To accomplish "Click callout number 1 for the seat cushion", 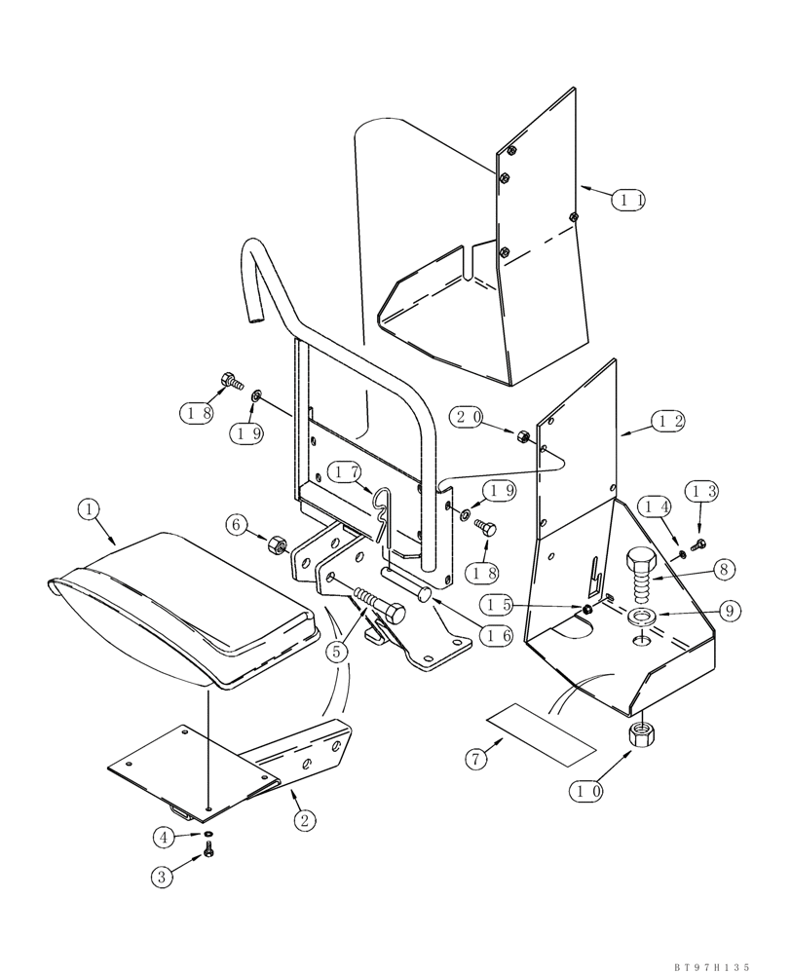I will point(89,508).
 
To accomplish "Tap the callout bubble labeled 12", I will point(668,422).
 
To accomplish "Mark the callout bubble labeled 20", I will point(468,417).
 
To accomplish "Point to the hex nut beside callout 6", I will point(277,544).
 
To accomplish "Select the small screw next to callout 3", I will point(208,853).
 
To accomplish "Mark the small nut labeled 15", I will point(588,610).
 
